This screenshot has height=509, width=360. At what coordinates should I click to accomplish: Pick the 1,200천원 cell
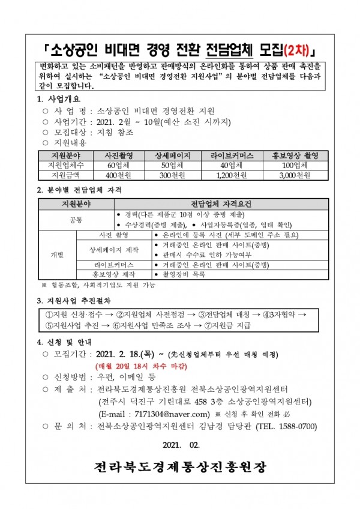[231, 175]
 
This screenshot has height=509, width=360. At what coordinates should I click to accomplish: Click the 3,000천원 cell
[295, 175]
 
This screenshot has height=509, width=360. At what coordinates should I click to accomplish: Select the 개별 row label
[57, 254]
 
